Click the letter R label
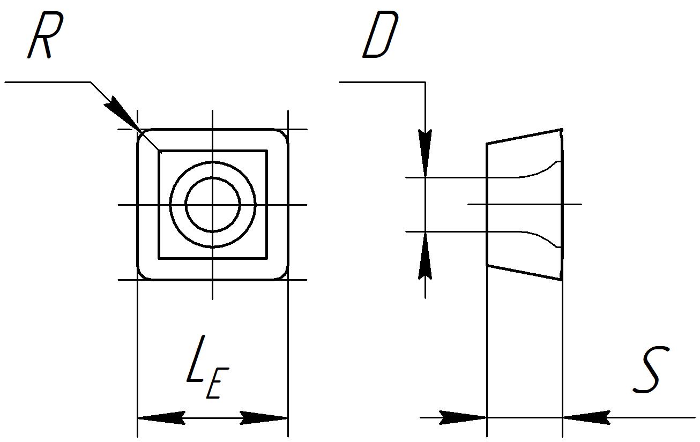46,35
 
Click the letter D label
381,34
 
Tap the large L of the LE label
196,359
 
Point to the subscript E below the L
218,383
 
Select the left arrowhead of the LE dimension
161,418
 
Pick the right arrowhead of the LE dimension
264,418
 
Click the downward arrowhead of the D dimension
425,153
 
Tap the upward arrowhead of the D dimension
425,256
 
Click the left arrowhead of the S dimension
463,417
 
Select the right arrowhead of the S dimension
586,417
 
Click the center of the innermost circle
213,205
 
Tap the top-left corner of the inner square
159,151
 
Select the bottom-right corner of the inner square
267,259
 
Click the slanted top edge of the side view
525,137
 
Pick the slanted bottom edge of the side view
525,273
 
